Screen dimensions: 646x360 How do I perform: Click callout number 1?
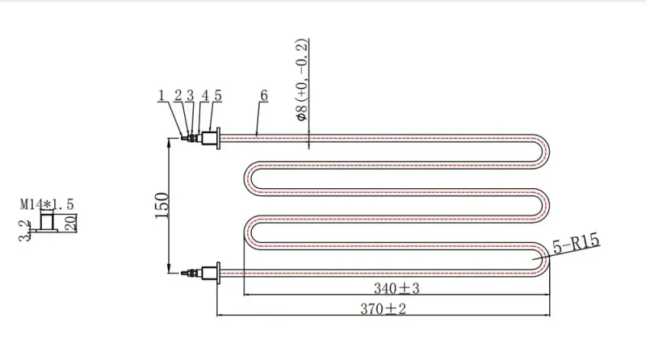[161, 95]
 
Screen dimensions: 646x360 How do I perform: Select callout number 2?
[178, 95]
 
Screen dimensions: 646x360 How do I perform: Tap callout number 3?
[190, 95]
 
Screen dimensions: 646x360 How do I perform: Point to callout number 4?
[205, 95]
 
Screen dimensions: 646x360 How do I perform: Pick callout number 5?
[218, 95]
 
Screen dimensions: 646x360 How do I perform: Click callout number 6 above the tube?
[264, 95]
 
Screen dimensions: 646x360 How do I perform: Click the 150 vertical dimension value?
[162, 206]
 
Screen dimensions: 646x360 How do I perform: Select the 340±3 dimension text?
[396, 288]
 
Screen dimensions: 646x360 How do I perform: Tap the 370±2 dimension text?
[383, 308]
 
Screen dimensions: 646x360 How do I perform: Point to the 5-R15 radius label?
[576, 244]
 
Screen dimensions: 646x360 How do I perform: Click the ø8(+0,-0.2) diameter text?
[301, 80]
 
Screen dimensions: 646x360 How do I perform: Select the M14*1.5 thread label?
[47, 204]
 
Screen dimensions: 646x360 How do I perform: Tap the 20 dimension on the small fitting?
[71, 223]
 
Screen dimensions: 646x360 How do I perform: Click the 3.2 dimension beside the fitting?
[25, 231]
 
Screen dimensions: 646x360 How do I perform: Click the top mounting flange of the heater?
[218, 138]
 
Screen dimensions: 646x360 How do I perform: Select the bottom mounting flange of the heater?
[218, 273]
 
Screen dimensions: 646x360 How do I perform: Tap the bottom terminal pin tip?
[182, 273]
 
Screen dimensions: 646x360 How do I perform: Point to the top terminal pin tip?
[182, 138]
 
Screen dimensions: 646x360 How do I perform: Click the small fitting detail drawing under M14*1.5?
[47, 223]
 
